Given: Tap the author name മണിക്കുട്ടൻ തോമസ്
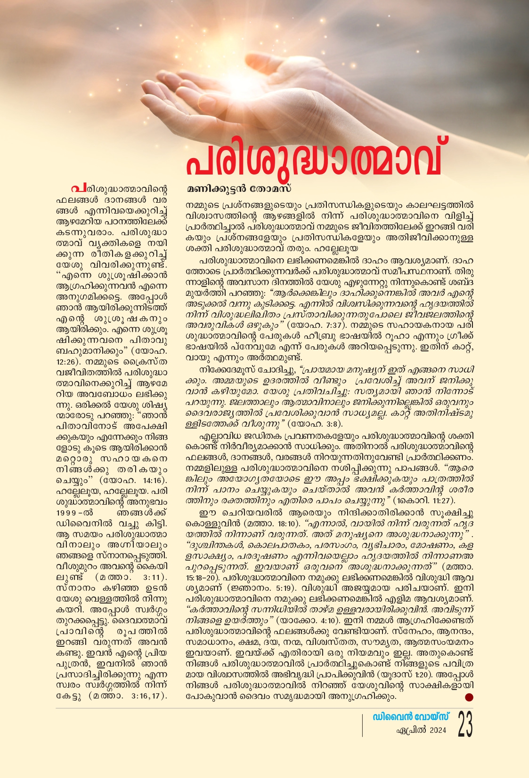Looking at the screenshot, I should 239,189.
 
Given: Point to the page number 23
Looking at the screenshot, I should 465,724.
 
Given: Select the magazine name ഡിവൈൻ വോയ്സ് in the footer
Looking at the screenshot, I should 411,716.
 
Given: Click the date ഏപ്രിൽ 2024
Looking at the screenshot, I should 421,730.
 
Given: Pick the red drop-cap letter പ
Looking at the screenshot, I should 75,189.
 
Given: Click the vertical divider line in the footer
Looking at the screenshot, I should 362,725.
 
